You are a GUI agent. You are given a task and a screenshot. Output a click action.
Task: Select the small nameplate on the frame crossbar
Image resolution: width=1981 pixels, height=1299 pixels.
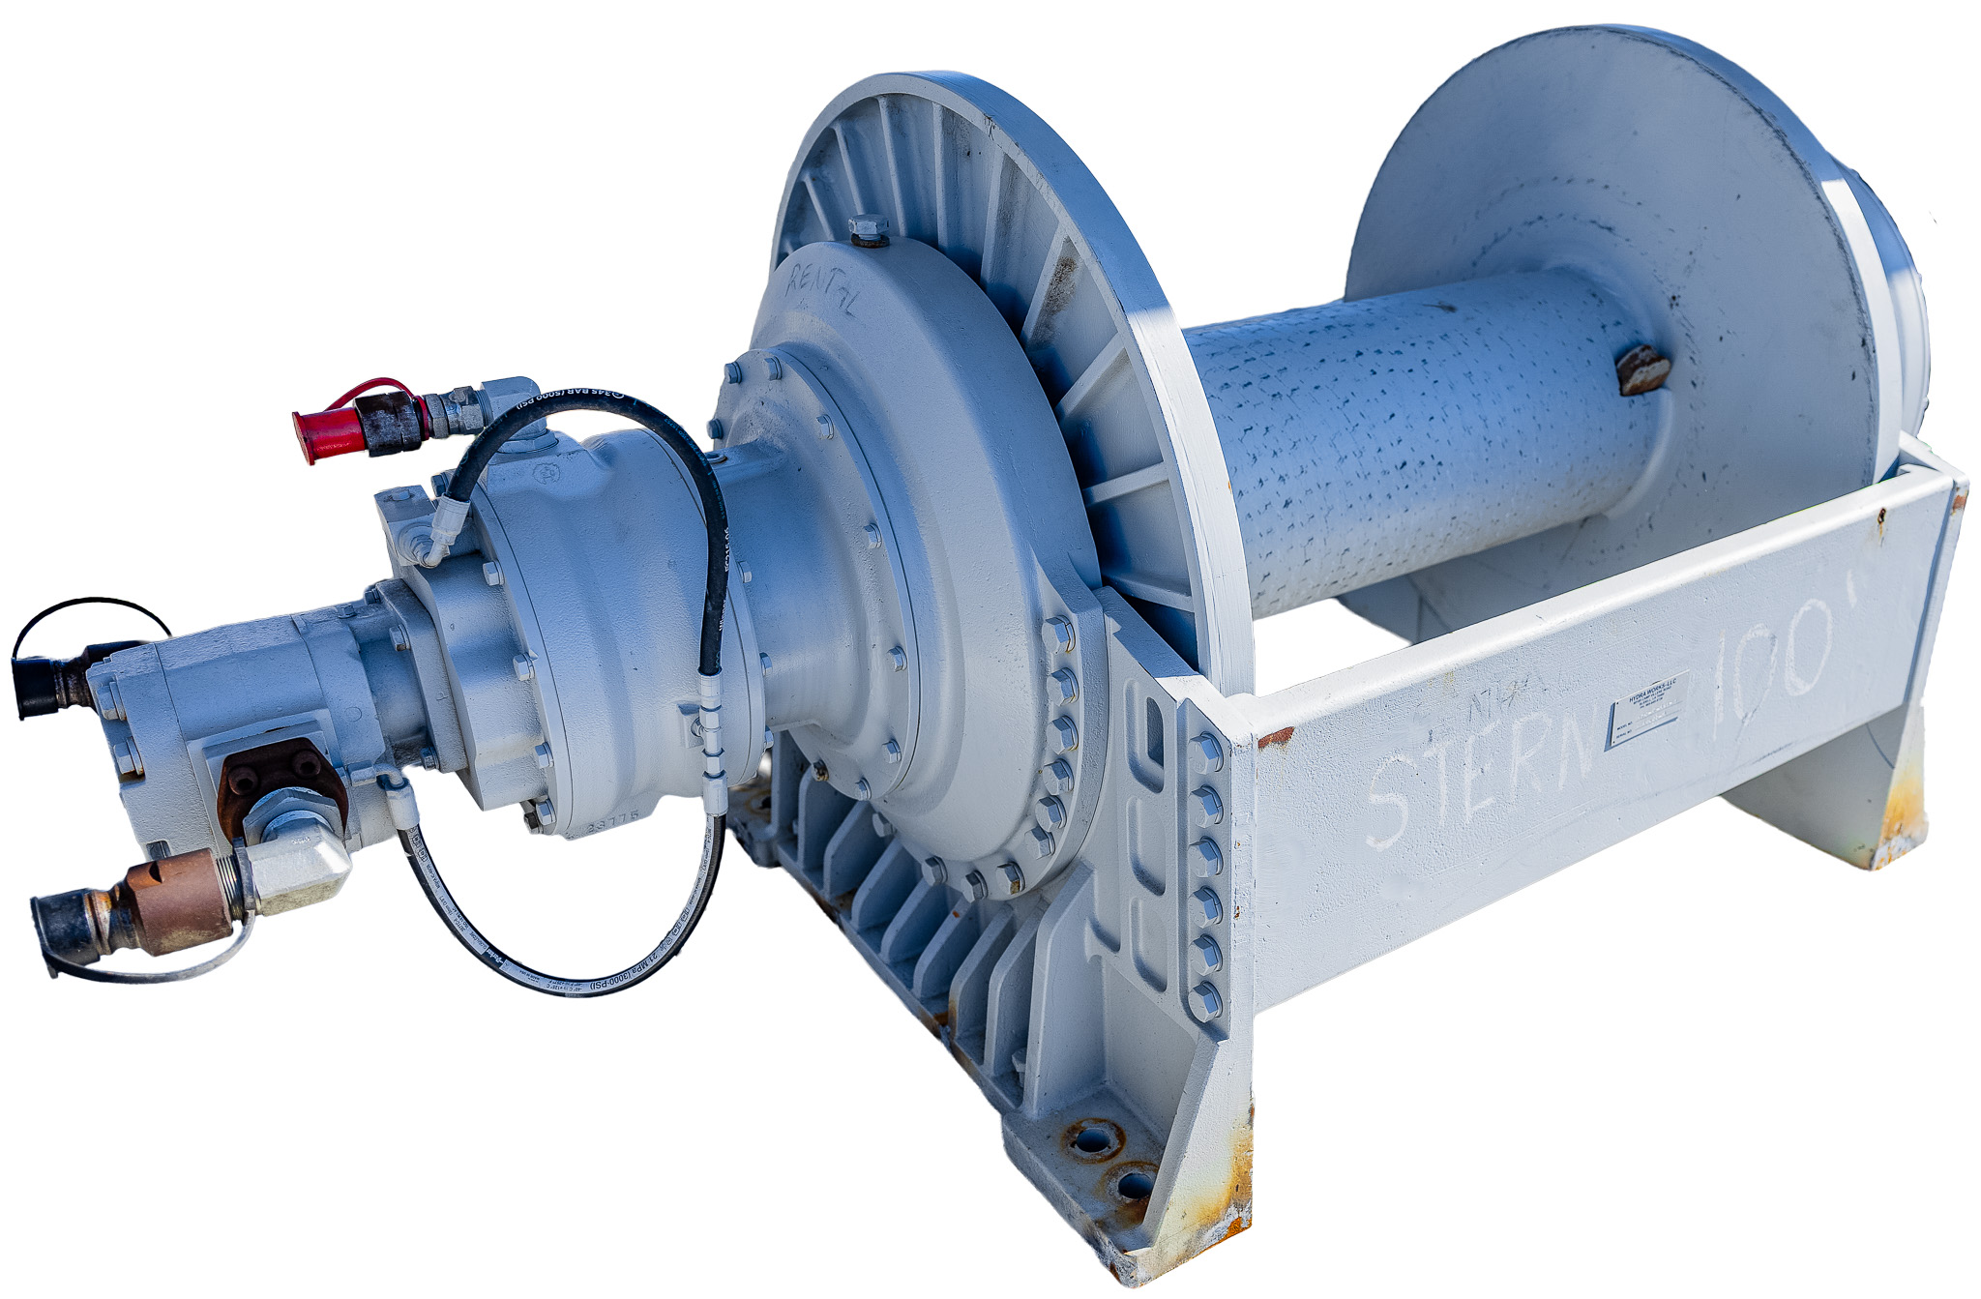1647,710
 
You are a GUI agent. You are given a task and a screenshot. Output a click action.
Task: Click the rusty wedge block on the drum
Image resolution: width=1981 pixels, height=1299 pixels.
1642,370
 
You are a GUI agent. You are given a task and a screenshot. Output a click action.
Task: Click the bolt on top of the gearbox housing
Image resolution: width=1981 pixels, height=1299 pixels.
868,229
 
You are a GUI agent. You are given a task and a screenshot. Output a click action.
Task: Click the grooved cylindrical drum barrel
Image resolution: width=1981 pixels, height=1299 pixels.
1422,435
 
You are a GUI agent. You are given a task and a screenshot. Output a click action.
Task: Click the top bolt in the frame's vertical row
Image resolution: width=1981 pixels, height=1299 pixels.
1206,748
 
